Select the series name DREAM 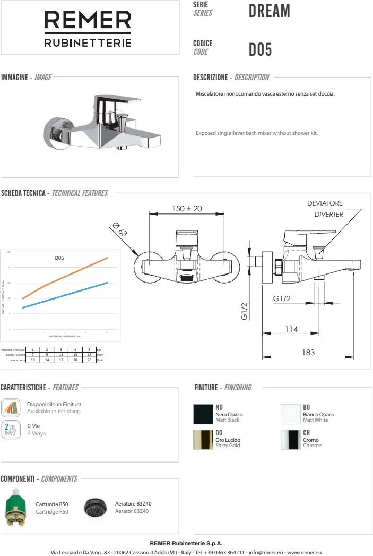(x=269, y=11)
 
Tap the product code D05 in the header (x=260, y=50)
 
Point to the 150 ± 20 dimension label (x=187, y=209)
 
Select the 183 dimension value (x=308, y=352)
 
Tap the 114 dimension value (x=291, y=329)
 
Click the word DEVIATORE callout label (x=325, y=203)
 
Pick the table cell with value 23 (x=89, y=360)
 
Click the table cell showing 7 (x=33, y=355)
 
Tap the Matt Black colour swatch (x=203, y=414)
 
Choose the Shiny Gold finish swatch (x=203, y=440)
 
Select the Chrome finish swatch (x=290, y=440)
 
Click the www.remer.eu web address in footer (x=304, y=552)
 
